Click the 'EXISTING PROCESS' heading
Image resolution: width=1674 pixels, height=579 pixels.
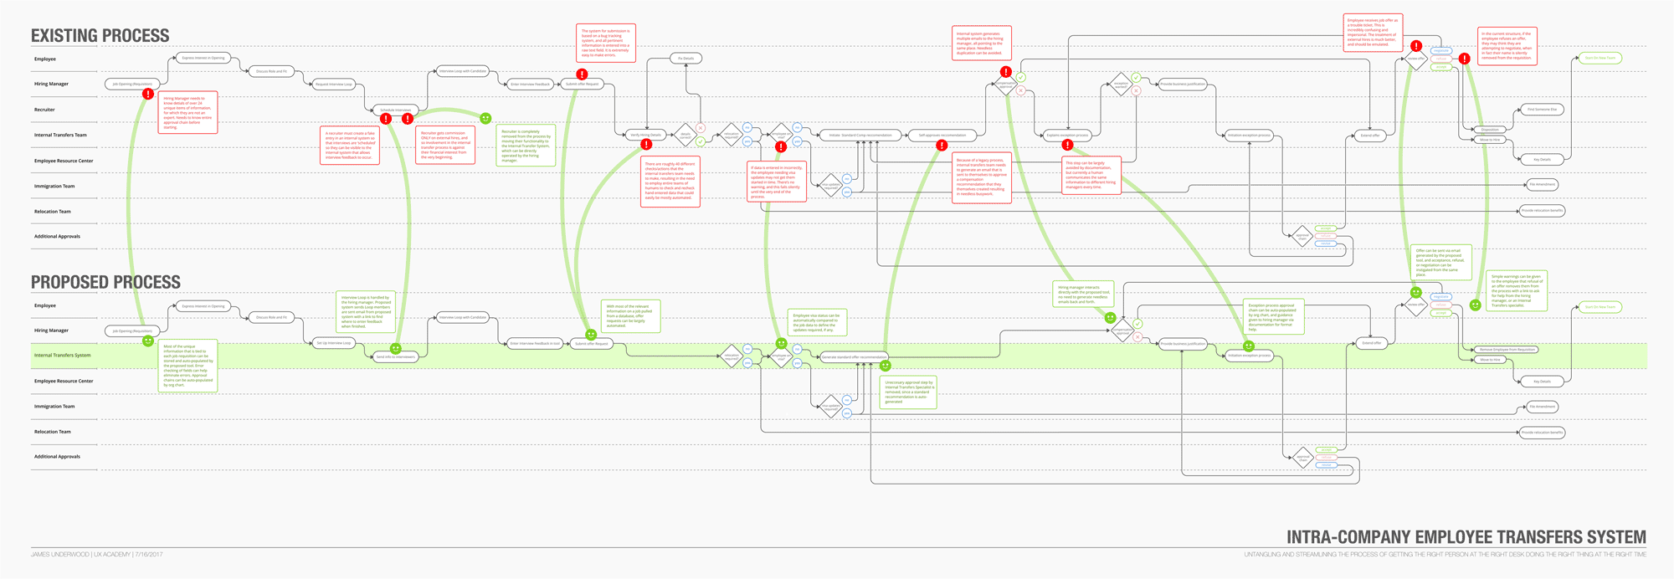click(100, 35)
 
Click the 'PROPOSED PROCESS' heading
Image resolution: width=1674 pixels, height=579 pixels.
click(105, 282)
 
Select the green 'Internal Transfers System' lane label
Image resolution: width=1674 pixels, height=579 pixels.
click(62, 356)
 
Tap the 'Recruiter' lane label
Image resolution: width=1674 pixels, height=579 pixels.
click(44, 110)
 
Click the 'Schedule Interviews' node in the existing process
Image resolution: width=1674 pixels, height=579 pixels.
click(396, 110)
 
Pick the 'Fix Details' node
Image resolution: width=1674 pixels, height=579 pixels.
click(686, 59)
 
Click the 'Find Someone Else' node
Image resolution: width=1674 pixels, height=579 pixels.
click(1542, 110)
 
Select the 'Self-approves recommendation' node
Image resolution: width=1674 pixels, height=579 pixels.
click(942, 135)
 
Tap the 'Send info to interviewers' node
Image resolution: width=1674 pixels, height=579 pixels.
click(395, 357)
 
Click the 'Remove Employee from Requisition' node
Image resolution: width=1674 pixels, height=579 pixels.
click(1507, 349)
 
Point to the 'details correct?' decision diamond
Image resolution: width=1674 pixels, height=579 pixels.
click(686, 134)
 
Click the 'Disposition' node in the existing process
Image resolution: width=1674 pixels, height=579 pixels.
click(1490, 130)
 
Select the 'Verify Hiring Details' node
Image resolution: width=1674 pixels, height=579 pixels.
click(645, 135)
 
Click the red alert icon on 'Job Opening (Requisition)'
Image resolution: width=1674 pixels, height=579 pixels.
click(148, 95)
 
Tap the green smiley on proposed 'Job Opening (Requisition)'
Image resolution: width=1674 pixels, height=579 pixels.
click(148, 341)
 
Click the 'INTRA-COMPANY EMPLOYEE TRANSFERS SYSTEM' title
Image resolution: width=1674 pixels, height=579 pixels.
click(1466, 537)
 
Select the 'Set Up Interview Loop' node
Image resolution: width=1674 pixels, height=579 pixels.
click(334, 343)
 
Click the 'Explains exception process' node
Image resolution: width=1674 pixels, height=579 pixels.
click(1067, 135)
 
